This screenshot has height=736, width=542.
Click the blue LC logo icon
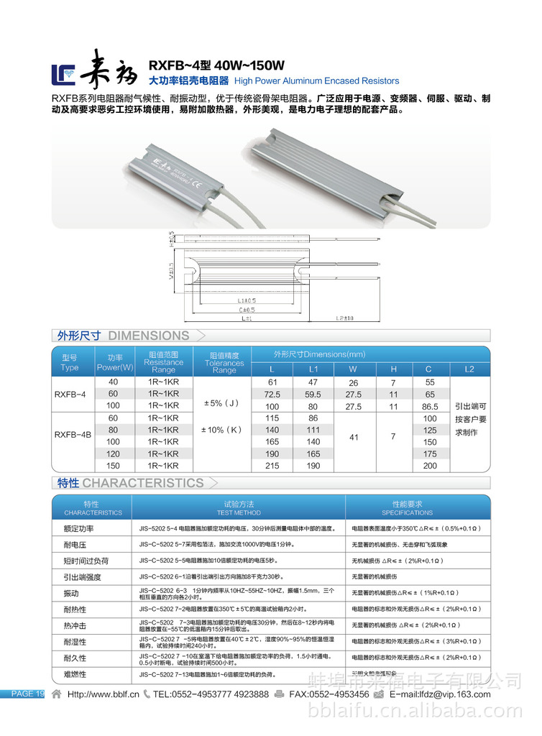(x=63, y=72)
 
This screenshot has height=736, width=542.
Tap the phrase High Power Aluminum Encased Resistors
(x=317, y=81)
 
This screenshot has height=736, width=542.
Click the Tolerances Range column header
(x=224, y=363)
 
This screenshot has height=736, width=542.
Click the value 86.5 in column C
(x=429, y=406)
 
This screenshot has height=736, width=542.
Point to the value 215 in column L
(x=272, y=466)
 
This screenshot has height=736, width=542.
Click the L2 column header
(x=470, y=369)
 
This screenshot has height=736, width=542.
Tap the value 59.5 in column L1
(x=313, y=395)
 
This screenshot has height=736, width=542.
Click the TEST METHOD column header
(x=239, y=508)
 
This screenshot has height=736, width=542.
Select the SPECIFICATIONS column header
(x=407, y=508)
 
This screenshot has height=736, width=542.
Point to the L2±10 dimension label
(x=346, y=317)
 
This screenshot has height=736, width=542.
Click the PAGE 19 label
(x=26, y=694)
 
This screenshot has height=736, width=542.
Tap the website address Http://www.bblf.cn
(x=103, y=694)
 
